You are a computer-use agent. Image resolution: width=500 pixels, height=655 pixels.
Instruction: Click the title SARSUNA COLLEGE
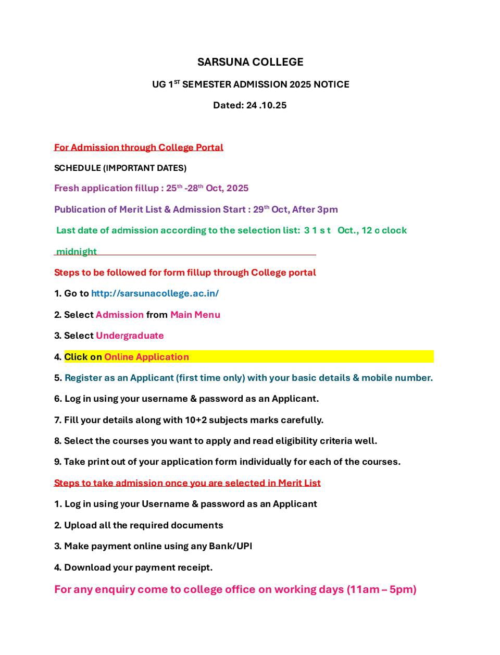coord(250,62)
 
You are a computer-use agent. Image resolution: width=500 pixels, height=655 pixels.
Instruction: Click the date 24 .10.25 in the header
coord(266,105)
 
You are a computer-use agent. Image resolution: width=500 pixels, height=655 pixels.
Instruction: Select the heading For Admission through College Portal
coord(139,147)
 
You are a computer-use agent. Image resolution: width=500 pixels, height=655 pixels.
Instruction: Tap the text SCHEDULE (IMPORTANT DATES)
coord(120,168)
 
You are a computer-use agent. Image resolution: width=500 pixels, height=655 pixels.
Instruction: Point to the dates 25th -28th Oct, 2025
coord(207,188)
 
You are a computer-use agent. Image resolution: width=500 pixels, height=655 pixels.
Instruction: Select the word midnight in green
coord(77,252)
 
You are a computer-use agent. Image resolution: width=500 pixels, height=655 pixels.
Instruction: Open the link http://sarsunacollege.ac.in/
coord(155,293)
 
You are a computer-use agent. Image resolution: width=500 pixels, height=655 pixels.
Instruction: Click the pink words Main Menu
coord(195,315)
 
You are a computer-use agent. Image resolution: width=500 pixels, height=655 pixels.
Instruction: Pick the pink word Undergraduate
coord(130,336)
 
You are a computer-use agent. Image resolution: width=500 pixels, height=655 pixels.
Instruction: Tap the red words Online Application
coord(146,357)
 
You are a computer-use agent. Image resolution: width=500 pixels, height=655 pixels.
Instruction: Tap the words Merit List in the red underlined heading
coord(299,483)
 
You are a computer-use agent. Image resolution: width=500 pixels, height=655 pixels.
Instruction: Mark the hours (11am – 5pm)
coord(381,589)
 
